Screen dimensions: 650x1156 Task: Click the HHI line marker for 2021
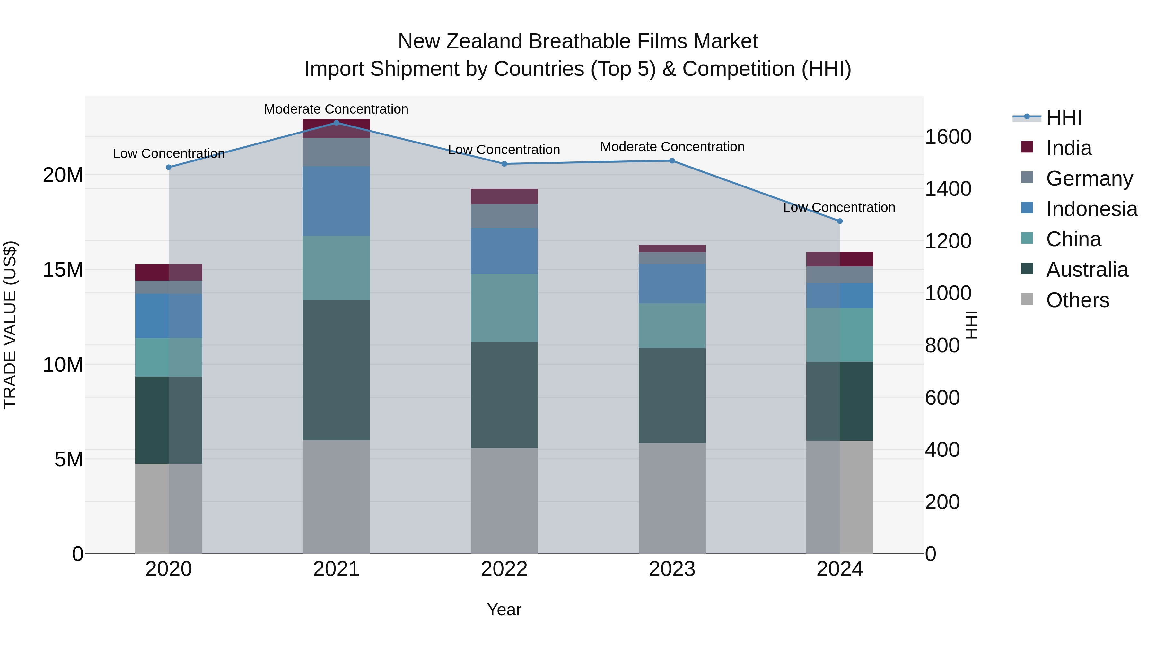pos(336,123)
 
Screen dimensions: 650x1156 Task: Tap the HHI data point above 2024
pos(840,221)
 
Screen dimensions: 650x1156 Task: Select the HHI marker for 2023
pos(672,160)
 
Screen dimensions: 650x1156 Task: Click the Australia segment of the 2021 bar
pos(336,370)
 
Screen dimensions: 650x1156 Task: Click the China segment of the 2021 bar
pos(336,268)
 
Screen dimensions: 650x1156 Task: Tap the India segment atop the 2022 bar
pos(504,196)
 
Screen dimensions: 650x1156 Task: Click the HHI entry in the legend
pos(1064,117)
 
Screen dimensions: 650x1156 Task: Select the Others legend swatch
pos(1027,299)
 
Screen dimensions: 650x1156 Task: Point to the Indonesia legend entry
pos(1091,209)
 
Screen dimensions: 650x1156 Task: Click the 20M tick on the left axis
pos(63,175)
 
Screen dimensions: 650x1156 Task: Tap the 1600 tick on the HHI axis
pos(948,137)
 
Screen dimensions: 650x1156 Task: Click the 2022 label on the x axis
pos(504,569)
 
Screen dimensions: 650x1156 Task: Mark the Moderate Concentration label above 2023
pos(672,147)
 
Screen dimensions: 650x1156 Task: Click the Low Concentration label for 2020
pos(168,153)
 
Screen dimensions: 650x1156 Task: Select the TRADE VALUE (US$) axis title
pos(10,325)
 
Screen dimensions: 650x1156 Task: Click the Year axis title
pos(504,610)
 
